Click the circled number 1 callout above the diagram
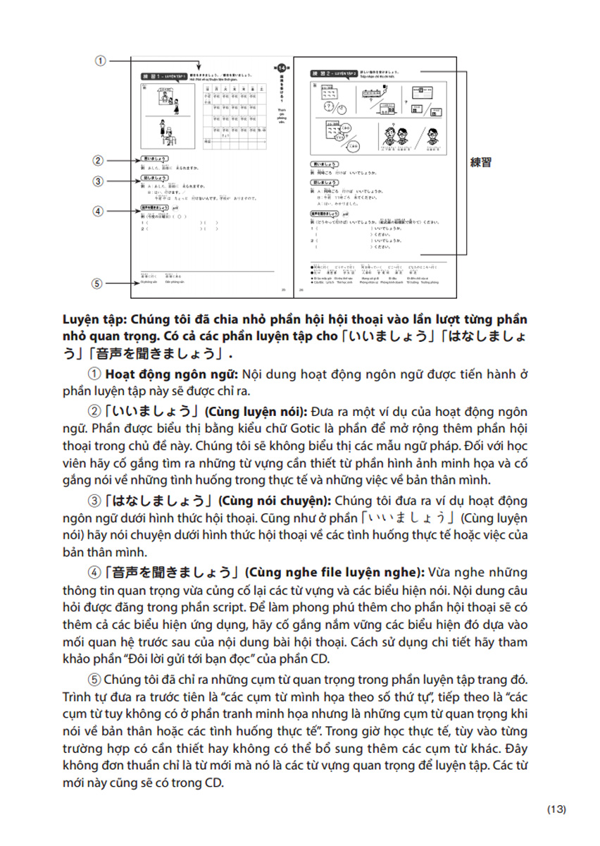click(101, 61)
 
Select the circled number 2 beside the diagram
click(98, 161)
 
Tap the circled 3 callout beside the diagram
click(98, 181)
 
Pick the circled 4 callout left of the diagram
click(98, 211)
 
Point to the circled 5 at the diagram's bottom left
click(98, 283)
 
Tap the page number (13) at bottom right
click(556, 809)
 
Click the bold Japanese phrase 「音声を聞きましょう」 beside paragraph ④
click(165, 573)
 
